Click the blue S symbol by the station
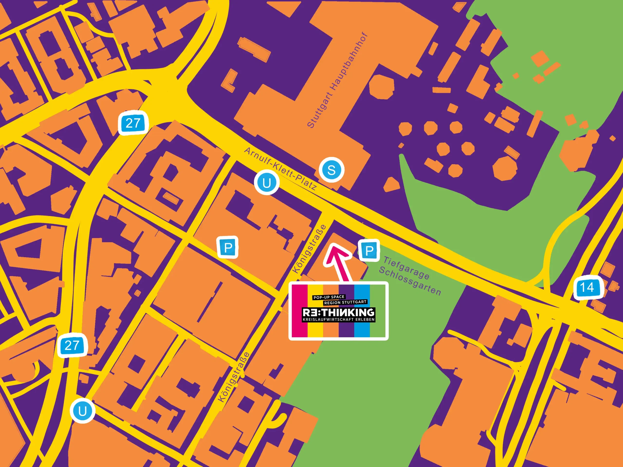[x=331, y=170]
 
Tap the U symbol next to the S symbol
[x=267, y=183]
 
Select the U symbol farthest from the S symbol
[x=82, y=411]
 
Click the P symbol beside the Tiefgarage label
[x=369, y=250]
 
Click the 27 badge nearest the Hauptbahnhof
[x=133, y=123]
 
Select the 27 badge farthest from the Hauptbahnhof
[x=72, y=345]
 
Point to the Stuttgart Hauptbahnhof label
[x=337, y=81]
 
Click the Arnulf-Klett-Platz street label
[x=281, y=168]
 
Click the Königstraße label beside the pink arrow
[x=310, y=249]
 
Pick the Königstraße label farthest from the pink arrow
[x=234, y=377]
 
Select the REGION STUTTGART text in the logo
[x=345, y=302]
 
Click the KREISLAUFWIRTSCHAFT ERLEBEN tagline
[x=338, y=320]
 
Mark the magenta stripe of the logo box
[x=299, y=311]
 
